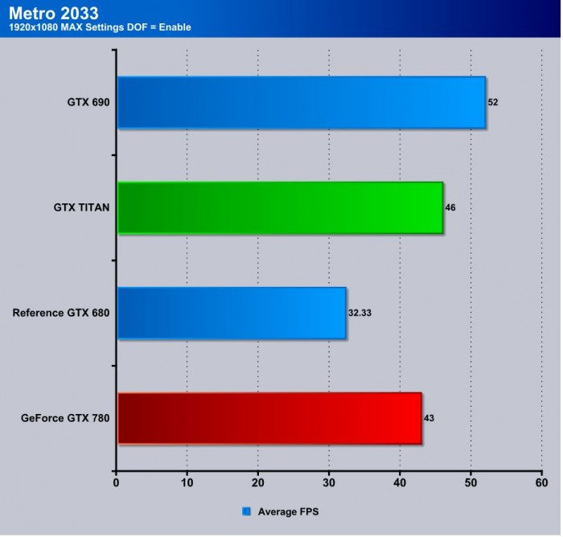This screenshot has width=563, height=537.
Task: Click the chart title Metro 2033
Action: pyautogui.click(x=54, y=13)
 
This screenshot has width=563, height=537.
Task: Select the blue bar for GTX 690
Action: pyautogui.click(x=302, y=102)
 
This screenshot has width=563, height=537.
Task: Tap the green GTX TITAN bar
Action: pyautogui.click(x=280, y=207)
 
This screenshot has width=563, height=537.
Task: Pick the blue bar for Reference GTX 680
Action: pyautogui.click(x=232, y=313)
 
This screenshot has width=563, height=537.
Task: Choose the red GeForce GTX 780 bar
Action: pyautogui.click(x=269, y=418)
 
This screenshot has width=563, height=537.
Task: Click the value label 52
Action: pyautogui.click(x=493, y=102)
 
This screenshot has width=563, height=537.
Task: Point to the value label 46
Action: pyautogui.click(x=450, y=207)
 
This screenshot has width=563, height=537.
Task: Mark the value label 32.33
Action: pyautogui.click(x=360, y=313)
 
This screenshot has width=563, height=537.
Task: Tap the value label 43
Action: pyautogui.click(x=429, y=418)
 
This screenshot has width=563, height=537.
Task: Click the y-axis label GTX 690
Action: pyautogui.click(x=88, y=102)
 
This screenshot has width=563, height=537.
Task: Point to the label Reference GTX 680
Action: pyautogui.click(x=61, y=313)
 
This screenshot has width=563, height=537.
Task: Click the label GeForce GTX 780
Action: pyautogui.click(x=66, y=418)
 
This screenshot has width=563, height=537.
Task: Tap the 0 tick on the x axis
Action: pyautogui.click(x=117, y=483)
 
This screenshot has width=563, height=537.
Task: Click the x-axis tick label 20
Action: pyautogui.click(x=258, y=483)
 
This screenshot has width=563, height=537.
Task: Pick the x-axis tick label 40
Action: pyautogui.click(x=400, y=483)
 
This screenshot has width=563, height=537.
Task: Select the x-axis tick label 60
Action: pyautogui.click(x=541, y=483)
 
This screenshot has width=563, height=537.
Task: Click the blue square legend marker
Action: pyautogui.click(x=247, y=510)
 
